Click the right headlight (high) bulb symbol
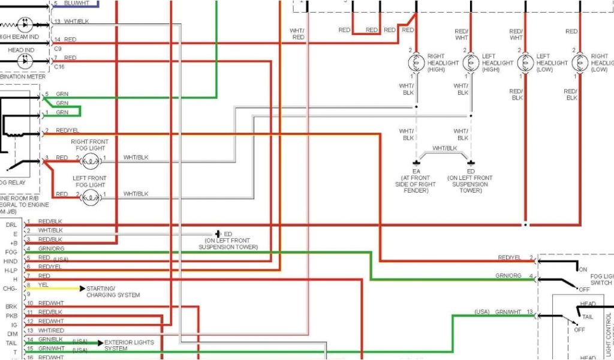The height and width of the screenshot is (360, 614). (416, 63)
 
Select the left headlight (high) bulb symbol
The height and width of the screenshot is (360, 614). (471, 63)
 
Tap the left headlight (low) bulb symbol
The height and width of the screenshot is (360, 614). (525, 63)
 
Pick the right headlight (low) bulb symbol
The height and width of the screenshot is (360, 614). (580, 63)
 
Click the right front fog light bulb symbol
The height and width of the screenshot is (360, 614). (90, 160)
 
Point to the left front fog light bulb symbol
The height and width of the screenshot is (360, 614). (90, 196)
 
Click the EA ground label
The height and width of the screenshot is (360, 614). (416, 172)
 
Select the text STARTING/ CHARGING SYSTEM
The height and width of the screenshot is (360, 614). (113, 292)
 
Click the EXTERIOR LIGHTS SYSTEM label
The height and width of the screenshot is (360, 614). (129, 345)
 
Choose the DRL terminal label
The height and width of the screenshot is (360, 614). (11, 224)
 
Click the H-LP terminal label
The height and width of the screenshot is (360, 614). (11, 271)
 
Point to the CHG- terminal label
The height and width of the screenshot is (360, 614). (11, 289)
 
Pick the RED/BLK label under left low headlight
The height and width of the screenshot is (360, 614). (516, 95)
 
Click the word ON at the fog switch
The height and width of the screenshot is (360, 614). (582, 269)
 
